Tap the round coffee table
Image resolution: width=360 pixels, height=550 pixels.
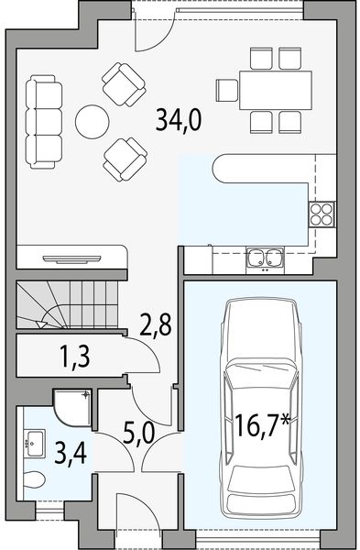92,120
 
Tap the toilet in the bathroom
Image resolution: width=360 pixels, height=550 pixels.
32,479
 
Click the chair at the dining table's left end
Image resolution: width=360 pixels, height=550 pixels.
226,89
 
